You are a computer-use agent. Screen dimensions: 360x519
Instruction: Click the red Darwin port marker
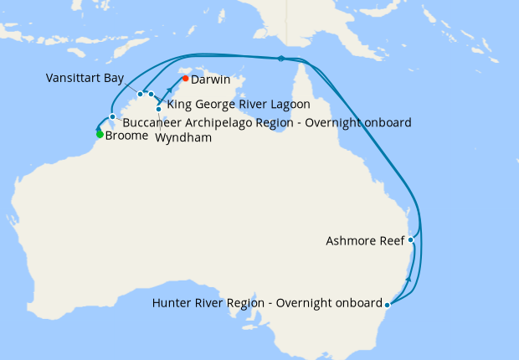coord(185,79)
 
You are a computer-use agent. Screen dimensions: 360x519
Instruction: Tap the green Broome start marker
coord(100,134)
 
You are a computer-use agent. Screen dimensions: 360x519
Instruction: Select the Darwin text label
coord(211,80)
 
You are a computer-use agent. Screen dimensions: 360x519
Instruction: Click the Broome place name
coord(127,136)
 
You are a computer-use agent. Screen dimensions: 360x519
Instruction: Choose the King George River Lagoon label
coord(239,105)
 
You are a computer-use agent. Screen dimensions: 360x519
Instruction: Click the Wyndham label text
coord(183,138)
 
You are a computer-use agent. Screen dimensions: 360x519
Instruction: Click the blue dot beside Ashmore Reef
coord(411,240)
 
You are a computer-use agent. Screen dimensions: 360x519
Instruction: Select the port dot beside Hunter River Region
coord(387,303)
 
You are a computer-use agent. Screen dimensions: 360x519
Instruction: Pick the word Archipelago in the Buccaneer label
coord(221,122)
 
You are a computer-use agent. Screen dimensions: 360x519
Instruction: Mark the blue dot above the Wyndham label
coord(158,109)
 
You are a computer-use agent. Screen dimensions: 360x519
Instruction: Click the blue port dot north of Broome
coord(112,116)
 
